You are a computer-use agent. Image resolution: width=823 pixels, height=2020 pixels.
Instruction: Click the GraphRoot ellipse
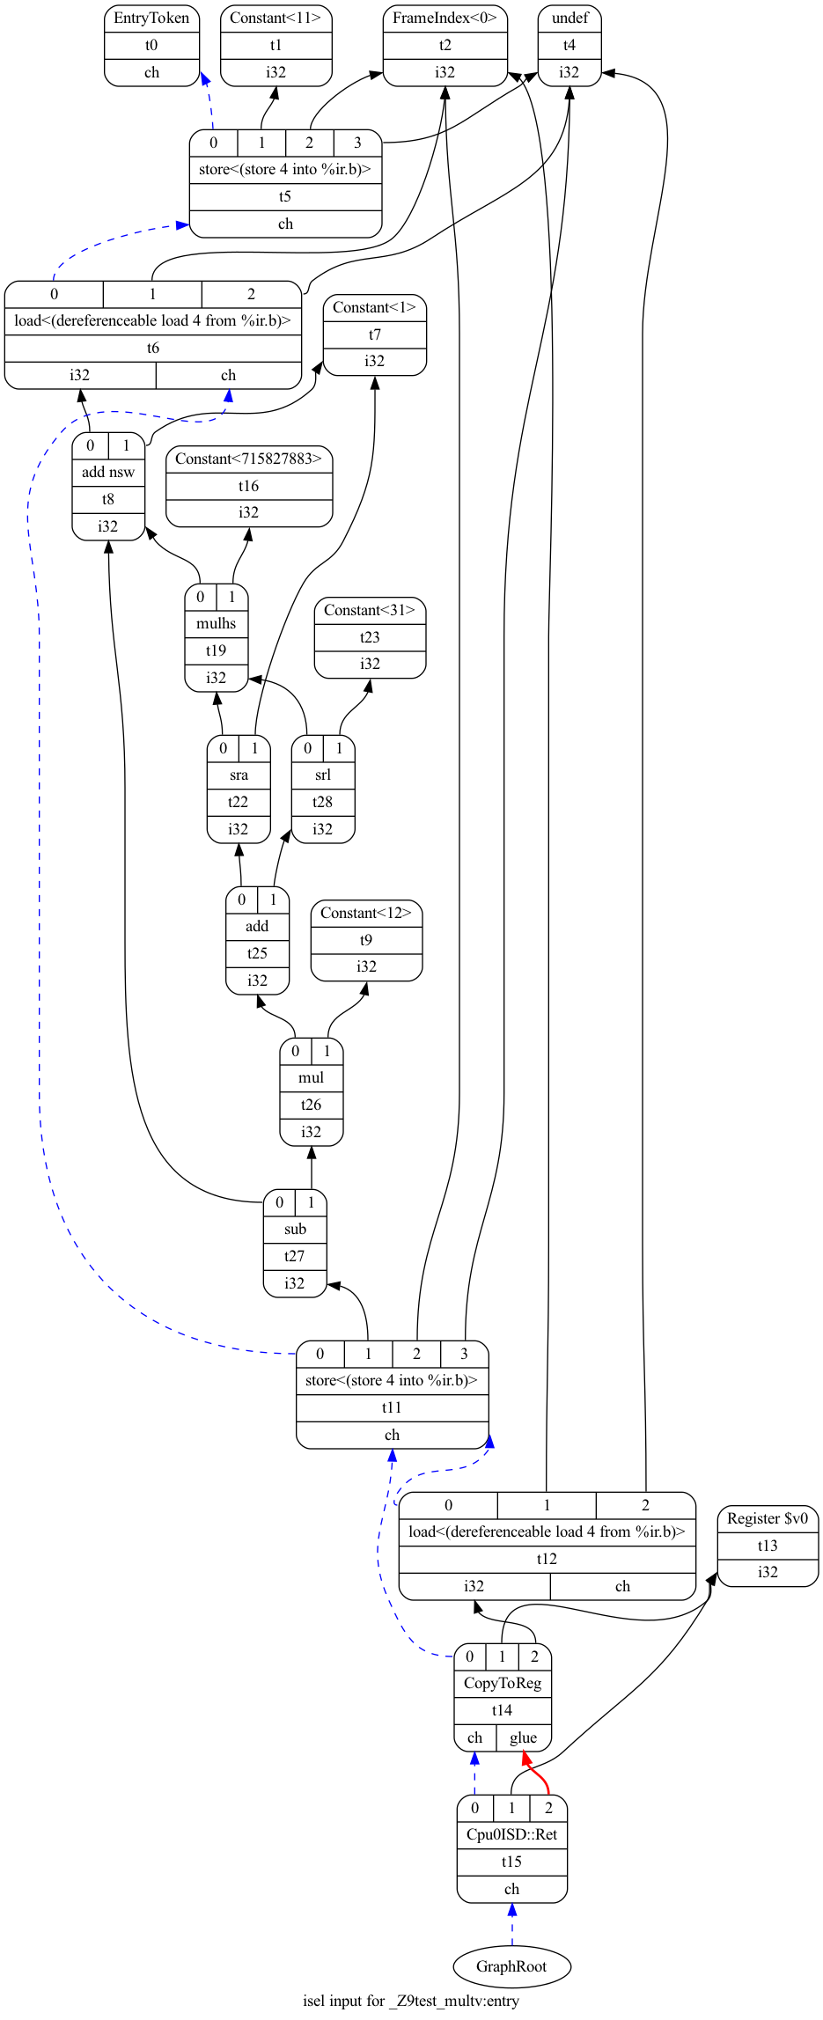click(x=511, y=1966)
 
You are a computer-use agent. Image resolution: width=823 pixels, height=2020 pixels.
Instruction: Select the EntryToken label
click(x=151, y=18)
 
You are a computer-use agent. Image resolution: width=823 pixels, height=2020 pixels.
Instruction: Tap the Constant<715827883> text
click(x=249, y=459)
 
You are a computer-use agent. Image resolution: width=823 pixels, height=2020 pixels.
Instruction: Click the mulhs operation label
click(x=217, y=623)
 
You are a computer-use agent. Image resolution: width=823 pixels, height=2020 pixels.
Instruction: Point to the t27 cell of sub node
click(x=295, y=1256)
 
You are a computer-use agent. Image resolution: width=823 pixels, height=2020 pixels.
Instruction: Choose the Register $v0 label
click(x=768, y=1518)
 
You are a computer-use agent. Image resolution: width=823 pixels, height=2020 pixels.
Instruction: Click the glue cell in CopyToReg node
click(x=523, y=1737)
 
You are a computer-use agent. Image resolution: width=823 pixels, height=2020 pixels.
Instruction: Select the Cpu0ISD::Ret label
click(x=511, y=1835)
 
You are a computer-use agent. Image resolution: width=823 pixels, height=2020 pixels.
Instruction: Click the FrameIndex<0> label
click(x=445, y=18)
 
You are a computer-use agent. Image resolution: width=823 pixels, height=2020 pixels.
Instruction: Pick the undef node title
click(x=569, y=18)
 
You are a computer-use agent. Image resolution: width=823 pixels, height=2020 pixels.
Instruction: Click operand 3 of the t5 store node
click(x=357, y=143)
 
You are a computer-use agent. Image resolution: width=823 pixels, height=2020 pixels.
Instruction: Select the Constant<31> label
click(x=370, y=610)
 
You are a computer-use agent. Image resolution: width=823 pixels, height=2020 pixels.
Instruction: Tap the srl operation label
click(x=323, y=775)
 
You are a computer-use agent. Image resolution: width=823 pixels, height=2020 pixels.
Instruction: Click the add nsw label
click(x=108, y=472)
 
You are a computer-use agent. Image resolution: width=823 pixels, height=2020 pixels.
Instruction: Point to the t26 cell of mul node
click(x=312, y=1105)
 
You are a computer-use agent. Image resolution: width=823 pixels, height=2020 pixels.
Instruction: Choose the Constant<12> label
click(x=366, y=913)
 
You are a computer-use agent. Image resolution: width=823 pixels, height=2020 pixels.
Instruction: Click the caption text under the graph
click(x=411, y=2001)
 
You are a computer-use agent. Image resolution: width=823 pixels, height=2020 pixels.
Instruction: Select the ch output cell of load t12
click(x=622, y=1586)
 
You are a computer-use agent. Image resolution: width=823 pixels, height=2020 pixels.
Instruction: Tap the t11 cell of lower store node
click(x=392, y=1407)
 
